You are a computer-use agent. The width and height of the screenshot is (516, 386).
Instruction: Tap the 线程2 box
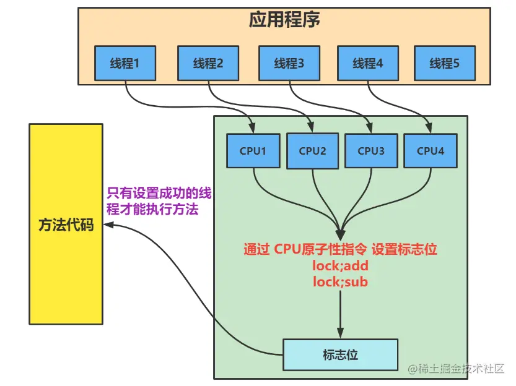208,63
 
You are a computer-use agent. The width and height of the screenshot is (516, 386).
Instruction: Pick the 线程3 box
289,63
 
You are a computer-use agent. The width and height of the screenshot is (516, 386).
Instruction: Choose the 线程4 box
368,63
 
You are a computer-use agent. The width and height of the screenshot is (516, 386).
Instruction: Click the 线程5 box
444,63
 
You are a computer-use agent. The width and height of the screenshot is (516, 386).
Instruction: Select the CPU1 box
253,150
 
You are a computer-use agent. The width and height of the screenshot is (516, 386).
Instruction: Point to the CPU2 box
313,150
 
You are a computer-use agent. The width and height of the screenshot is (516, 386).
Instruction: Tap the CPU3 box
371,150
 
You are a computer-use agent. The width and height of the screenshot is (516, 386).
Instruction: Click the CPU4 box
431,150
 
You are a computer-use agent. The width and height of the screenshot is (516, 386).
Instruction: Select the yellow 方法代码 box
66,224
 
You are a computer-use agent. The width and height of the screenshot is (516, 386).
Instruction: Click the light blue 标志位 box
340,355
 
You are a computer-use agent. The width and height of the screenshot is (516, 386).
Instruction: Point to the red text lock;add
340,266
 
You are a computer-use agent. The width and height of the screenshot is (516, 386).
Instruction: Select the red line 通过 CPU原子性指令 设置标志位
340,250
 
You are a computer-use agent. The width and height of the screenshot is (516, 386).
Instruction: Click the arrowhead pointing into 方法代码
109,226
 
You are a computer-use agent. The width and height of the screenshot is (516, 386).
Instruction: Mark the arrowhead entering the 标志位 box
340,333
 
